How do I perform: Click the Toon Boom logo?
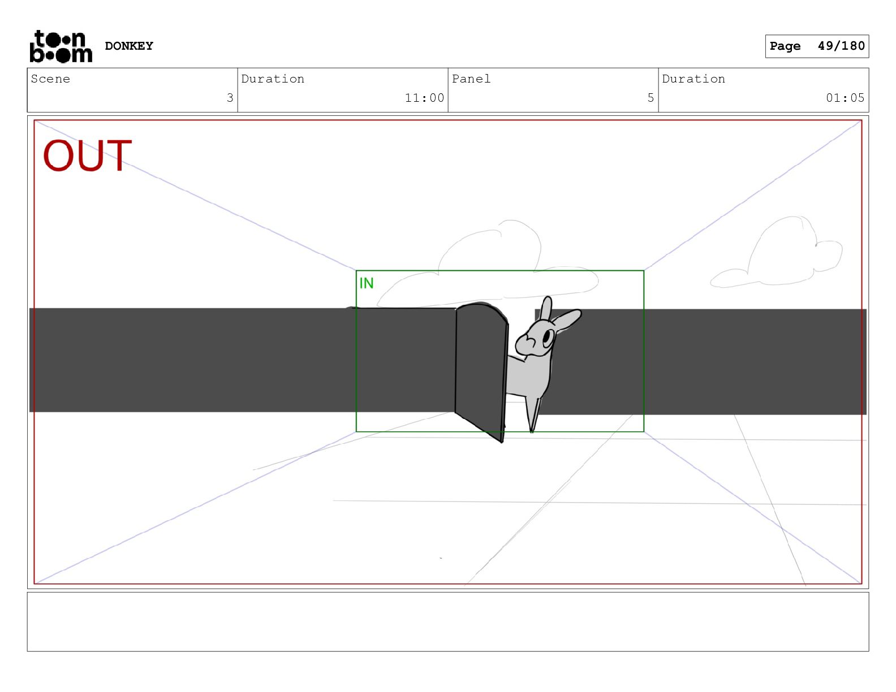coord(61,46)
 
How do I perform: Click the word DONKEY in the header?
coord(129,46)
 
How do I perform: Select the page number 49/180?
coord(841,46)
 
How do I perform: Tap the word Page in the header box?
coord(785,46)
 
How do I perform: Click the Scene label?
coord(50,79)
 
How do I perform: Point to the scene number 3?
coord(230,98)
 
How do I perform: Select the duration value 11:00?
coord(424,98)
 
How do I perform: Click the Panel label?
coord(471,79)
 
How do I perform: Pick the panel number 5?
coord(651,98)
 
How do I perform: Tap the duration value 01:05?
coord(845,98)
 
